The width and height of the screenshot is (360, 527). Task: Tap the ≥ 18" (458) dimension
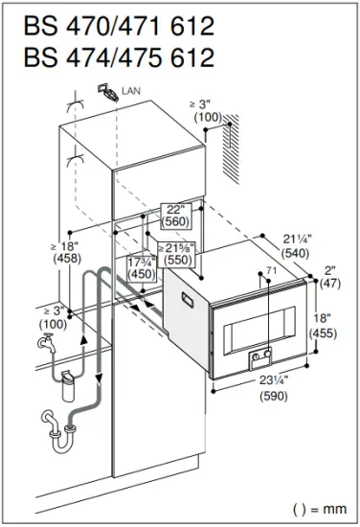click(35, 251)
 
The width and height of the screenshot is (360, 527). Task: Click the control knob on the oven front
click(255, 361)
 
